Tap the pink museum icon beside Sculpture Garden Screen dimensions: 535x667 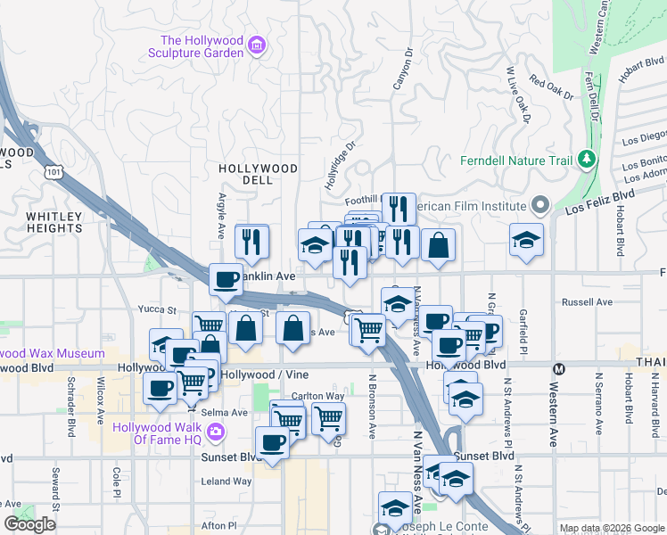[257, 45]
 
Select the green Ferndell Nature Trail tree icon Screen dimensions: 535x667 [587, 160]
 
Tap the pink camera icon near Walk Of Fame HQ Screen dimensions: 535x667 [215, 432]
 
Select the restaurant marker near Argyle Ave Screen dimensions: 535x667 [252, 241]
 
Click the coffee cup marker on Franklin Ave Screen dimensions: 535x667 [226, 280]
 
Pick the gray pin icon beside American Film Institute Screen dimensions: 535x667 [539, 206]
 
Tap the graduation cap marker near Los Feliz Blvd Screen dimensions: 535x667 [526, 239]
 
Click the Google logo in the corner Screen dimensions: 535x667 [30, 524]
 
